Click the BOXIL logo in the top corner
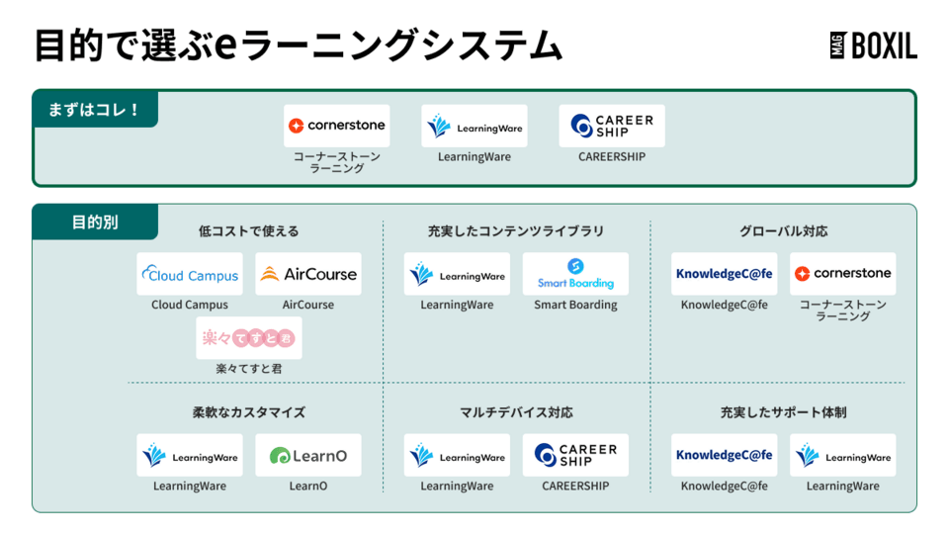pyautogui.click(x=873, y=45)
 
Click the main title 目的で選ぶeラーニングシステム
pyautogui.click(x=298, y=45)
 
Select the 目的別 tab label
pyautogui.click(x=95, y=223)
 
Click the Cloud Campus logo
pyautogui.click(x=190, y=274)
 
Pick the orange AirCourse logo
pyautogui.click(x=308, y=274)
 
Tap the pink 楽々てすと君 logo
pyautogui.click(x=249, y=338)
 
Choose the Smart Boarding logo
pyautogui.click(x=575, y=274)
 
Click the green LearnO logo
pyautogui.click(x=308, y=456)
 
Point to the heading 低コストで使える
pyautogui.click(x=248, y=231)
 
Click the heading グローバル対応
pyautogui.click(x=784, y=231)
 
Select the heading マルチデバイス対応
pyautogui.click(x=516, y=412)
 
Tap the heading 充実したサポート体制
pyautogui.click(x=784, y=412)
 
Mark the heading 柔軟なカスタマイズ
pyautogui.click(x=248, y=412)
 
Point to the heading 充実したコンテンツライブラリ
pyautogui.click(x=516, y=231)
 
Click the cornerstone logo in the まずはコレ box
pyautogui.click(x=337, y=126)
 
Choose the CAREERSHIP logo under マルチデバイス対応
pyautogui.click(x=575, y=456)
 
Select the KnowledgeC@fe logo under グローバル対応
pyautogui.click(x=724, y=274)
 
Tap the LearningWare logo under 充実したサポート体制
pyautogui.click(x=843, y=456)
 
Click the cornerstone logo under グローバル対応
pyautogui.click(x=843, y=274)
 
